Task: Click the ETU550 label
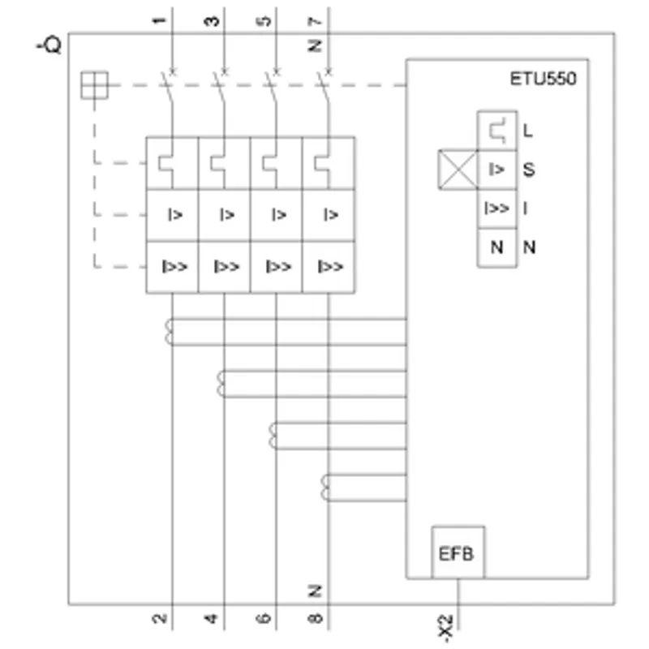(543, 79)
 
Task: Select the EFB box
(458, 552)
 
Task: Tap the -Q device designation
(49, 45)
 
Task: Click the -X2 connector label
(445, 628)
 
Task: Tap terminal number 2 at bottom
(159, 618)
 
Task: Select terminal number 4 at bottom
(211, 618)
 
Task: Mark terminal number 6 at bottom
(263, 618)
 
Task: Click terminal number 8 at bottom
(315, 618)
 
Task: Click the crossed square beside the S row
(458, 170)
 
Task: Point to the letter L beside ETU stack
(528, 131)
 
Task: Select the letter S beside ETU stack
(529, 170)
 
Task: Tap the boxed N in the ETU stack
(497, 247)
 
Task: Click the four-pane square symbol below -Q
(94, 85)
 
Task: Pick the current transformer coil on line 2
(169, 332)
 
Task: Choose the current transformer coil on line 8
(325, 488)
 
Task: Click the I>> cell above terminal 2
(172, 267)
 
